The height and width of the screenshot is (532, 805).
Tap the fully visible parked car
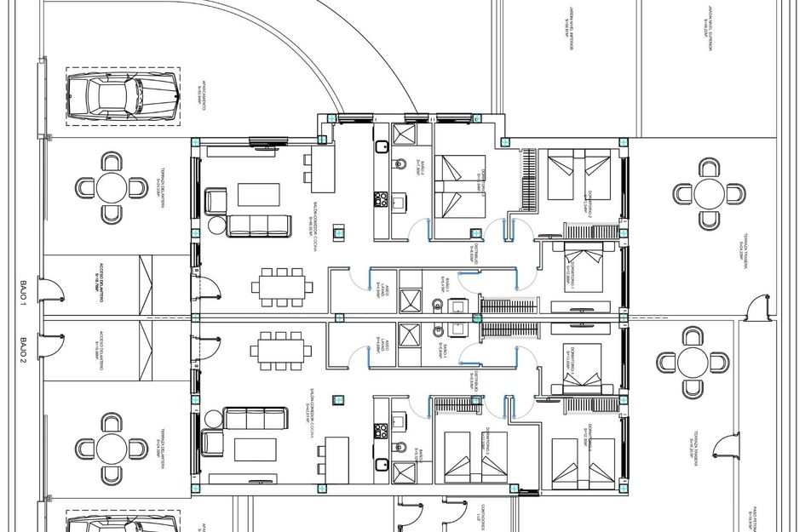click(x=122, y=96)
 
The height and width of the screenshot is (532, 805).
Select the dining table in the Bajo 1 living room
click(x=278, y=287)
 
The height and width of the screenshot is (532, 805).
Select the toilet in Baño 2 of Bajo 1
click(x=399, y=164)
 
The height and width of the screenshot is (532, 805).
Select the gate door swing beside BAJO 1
click(x=53, y=293)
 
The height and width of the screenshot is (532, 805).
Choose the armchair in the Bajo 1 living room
click(x=216, y=202)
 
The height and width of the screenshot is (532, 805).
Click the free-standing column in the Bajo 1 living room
click(x=339, y=230)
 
